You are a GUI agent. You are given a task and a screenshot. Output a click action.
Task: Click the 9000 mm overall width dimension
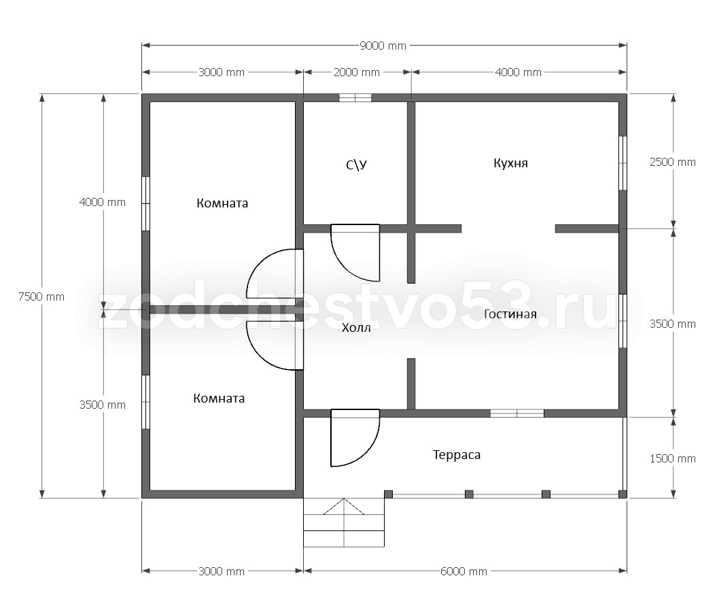click(x=383, y=46)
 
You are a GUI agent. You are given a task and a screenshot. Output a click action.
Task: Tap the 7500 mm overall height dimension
click(x=41, y=296)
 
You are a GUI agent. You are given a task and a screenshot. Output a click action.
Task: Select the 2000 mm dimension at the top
click(x=357, y=72)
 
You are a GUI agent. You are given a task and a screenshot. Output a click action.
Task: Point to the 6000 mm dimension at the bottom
click(x=464, y=571)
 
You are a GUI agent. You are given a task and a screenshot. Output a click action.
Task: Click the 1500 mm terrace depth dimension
click(x=673, y=458)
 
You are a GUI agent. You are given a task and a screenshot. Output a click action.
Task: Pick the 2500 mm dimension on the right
click(x=673, y=162)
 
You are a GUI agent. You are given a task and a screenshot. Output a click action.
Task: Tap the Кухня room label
click(x=511, y=163)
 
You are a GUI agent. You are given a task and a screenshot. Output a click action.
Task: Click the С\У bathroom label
click(x=356, y=165)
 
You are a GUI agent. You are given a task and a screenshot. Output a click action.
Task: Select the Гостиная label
click(x=510, y=314)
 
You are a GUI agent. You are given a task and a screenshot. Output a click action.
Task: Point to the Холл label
click(x=356, y=328)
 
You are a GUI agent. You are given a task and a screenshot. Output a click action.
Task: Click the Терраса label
click(x=456, y=456)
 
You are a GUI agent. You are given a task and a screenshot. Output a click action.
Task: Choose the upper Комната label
click(x=222, y=203)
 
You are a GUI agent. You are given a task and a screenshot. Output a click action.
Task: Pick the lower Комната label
click(x=219, y=399)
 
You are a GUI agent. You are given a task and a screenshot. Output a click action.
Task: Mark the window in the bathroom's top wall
click(x=355, y=97)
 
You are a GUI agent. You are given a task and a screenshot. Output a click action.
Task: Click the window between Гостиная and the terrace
click(x=517, y=413)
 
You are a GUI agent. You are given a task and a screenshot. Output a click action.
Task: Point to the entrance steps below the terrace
click(x=344, y=522)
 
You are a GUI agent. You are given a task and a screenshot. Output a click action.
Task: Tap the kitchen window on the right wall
click(x=623, y=163)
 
